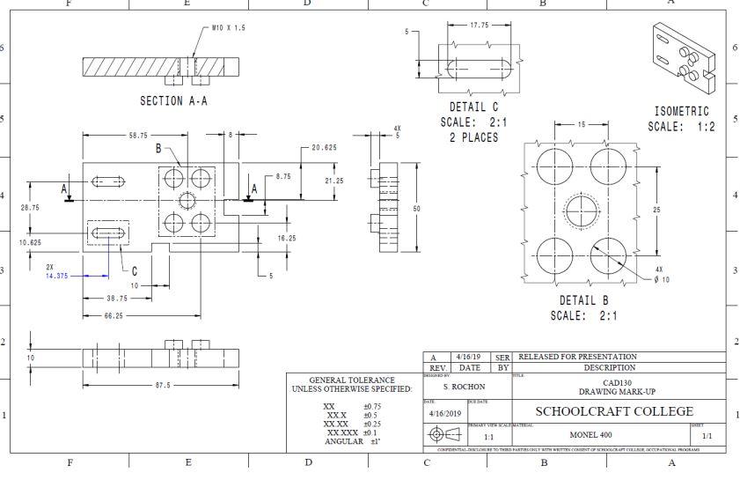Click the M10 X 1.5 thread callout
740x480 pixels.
[229, 28]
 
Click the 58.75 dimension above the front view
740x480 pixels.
[136, 136]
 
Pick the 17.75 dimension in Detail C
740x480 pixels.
[479, 25]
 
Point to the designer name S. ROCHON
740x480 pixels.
[458, 387]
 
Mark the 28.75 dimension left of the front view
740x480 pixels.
[27, 208]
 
